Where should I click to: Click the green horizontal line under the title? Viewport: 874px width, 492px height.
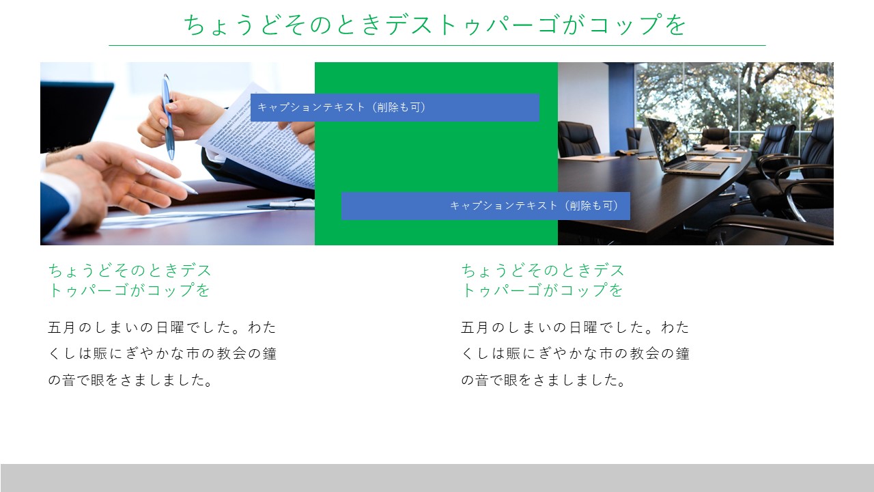(x=437, y=45)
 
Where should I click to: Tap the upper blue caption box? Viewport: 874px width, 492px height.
(x=395, y=107)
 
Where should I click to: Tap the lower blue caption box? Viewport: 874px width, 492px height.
(x=485, y=206)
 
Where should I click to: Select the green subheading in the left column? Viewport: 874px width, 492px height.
(x=130, y=280)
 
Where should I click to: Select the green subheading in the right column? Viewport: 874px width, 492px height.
(x=543, y=280)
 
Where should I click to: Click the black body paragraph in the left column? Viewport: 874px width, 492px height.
(x=162, y=353)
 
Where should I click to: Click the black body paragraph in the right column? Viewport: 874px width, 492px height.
(x=575, y=353)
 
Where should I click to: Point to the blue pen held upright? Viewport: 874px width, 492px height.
(x=168, y=117)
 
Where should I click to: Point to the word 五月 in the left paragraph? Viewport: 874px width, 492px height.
(x=61, y=327)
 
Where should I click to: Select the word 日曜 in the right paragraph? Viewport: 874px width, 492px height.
(x=583, y=327)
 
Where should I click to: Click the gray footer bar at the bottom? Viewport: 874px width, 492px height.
(x=437, y=478)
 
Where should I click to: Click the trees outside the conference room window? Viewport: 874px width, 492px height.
(x=733, y=94)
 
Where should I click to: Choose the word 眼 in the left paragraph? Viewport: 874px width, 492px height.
(x=98, y=380)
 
